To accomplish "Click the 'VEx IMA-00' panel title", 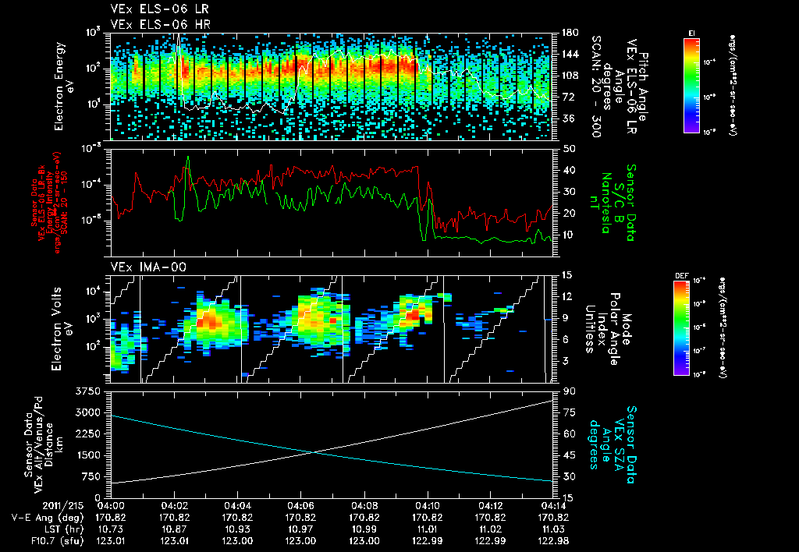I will point(141,267).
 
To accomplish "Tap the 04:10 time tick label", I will point(427,505).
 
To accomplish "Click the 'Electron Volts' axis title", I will point(59,327).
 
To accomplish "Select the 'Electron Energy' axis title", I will point(59,83).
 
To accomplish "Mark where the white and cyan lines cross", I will point(314,452).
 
